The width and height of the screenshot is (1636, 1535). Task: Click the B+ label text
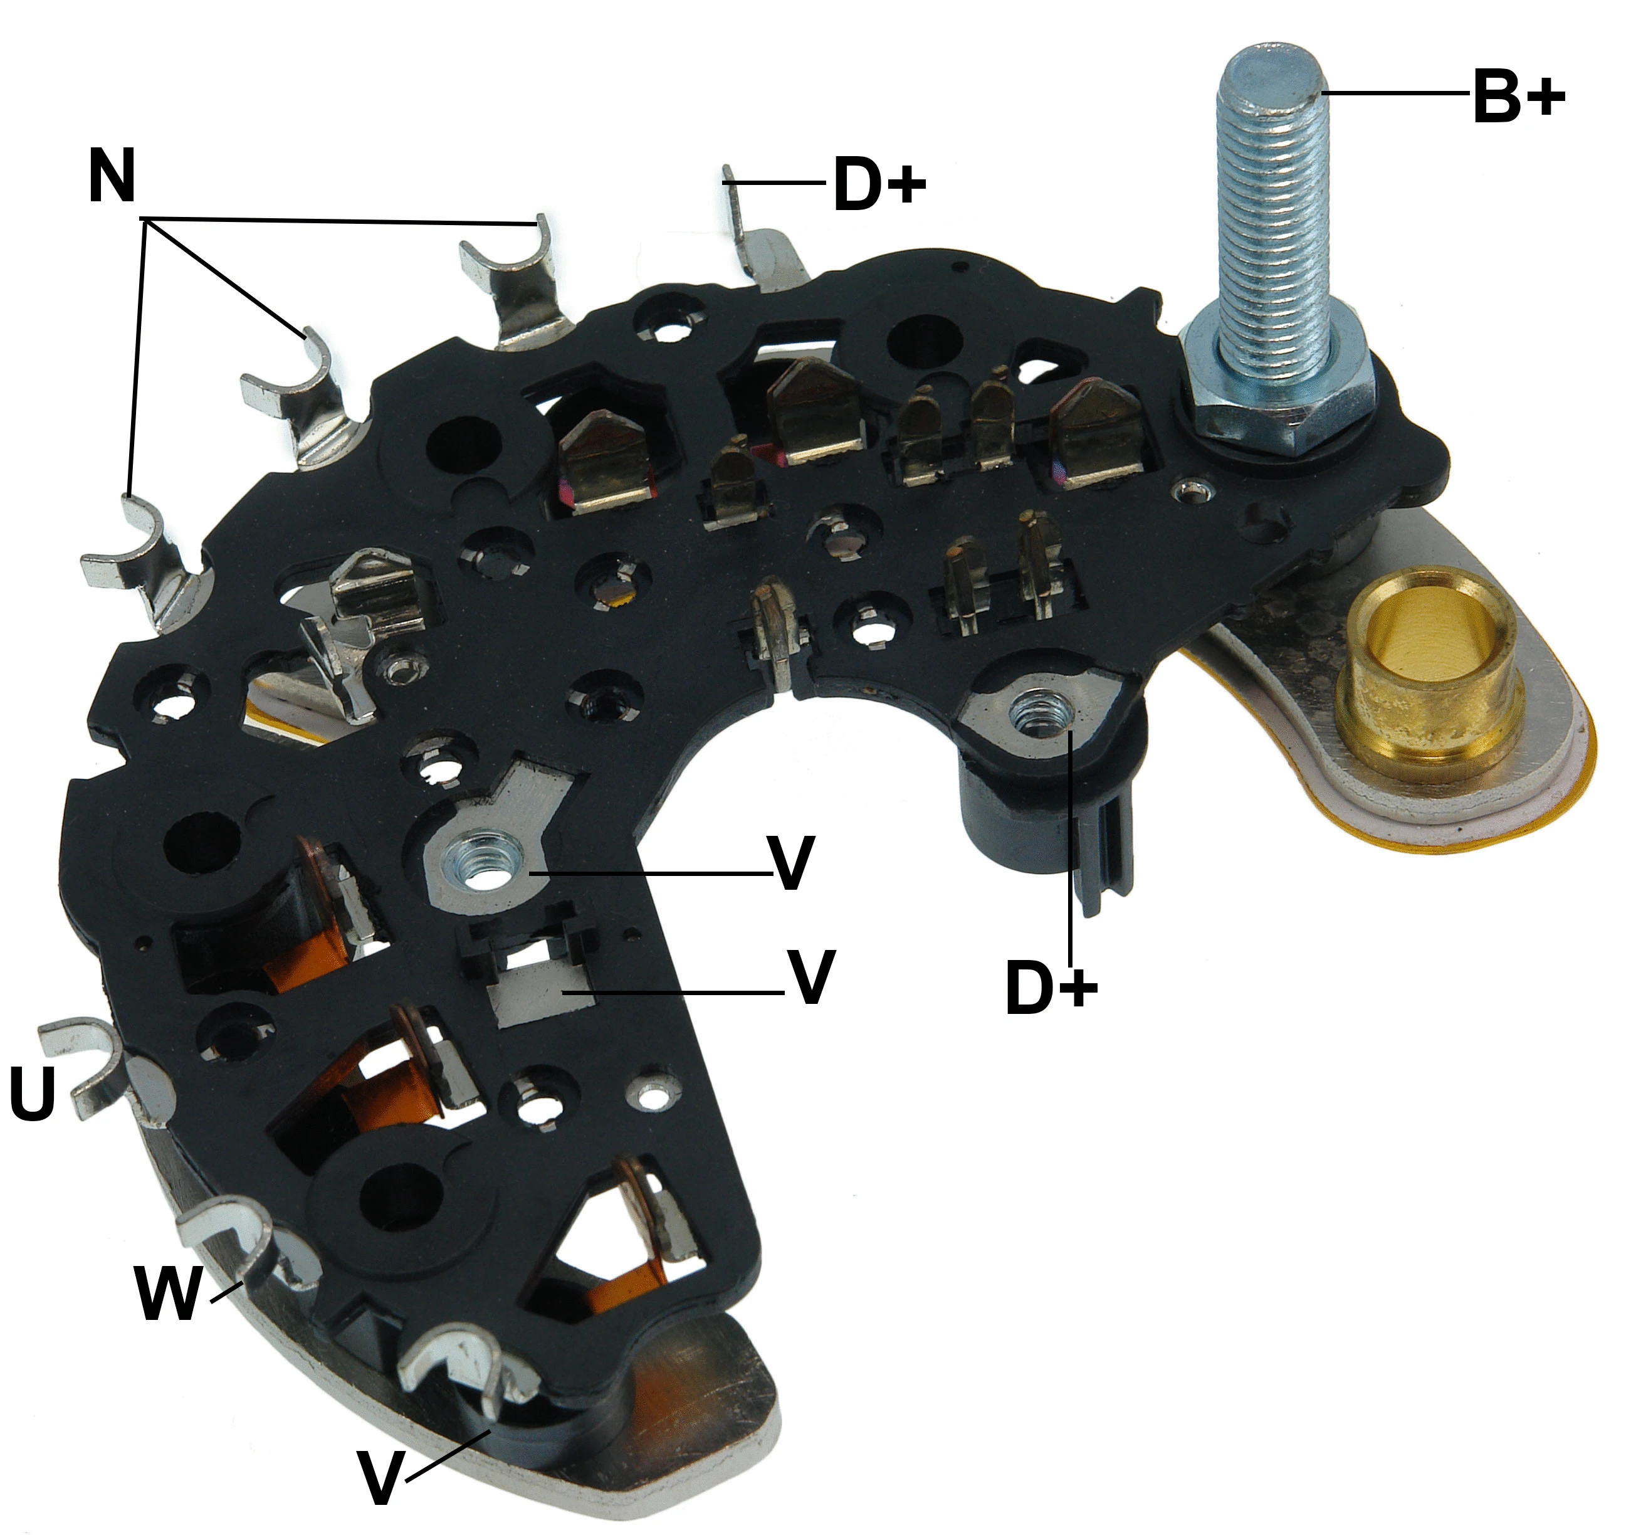1518,97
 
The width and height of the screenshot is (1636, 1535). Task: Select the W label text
169,1292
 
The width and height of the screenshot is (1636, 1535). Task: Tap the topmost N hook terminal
515,272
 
